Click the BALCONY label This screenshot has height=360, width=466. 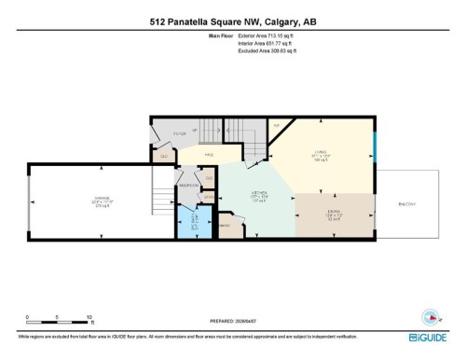click(407, 203)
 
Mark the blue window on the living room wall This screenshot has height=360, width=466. click(375, 146)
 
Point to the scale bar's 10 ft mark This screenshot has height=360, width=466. click(89, 318)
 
